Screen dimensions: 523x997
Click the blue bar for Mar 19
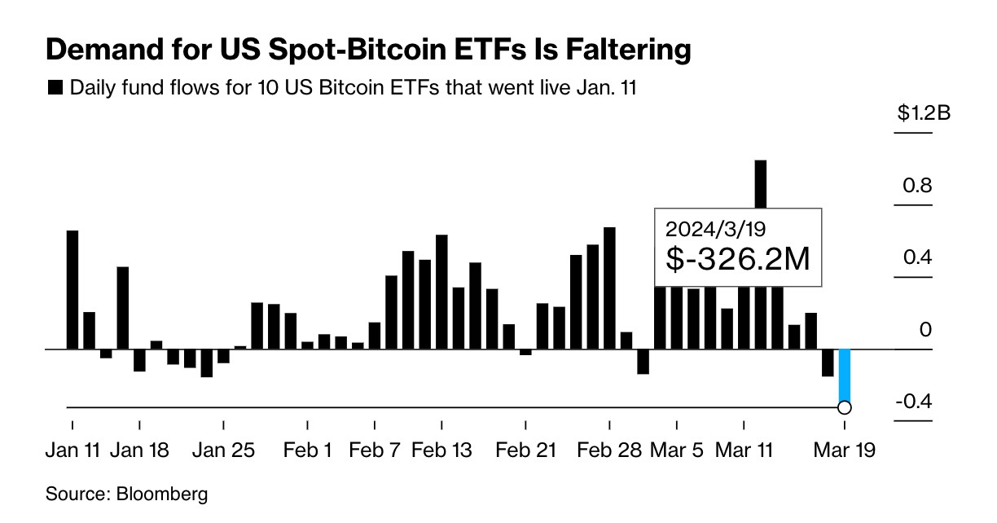(x=845, y=375)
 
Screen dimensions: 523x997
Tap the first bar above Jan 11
(x=72, y=289)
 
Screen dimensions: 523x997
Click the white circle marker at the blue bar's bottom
(x=845, y=407)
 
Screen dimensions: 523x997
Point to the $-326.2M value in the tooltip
(x=738, y=259)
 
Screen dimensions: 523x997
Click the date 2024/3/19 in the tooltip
(x=705, y=227)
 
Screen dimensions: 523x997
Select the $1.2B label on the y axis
(x=924, y=113)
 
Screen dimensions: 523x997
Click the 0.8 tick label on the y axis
(x=916, y=186)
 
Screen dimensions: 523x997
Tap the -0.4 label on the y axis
(x=913, y=402)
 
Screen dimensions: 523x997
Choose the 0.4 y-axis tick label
(x=916, y=258)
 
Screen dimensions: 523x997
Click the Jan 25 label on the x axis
(x=223, y=450)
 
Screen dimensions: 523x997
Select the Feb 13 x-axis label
(x=441, y=450)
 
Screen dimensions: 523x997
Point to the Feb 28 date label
(x=609, y=450)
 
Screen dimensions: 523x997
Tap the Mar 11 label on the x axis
(x=743, y=450)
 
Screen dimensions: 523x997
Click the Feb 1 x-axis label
(x=307, y=450)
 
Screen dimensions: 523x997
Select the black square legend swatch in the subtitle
(x=55, y=88)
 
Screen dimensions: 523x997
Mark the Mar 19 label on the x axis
(x=845, y=450)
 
